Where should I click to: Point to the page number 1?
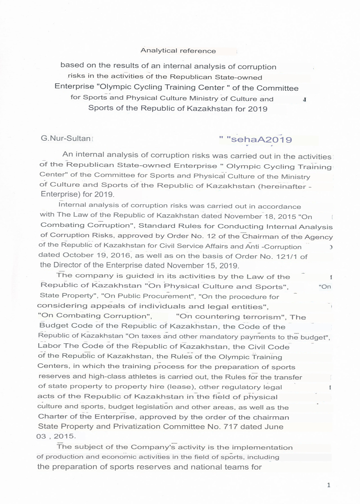(x=328, y=485)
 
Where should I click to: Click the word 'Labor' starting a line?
(x=47, y=346)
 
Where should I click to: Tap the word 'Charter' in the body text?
(x=52, y=416)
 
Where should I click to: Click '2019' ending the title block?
(x=258, y=109)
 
